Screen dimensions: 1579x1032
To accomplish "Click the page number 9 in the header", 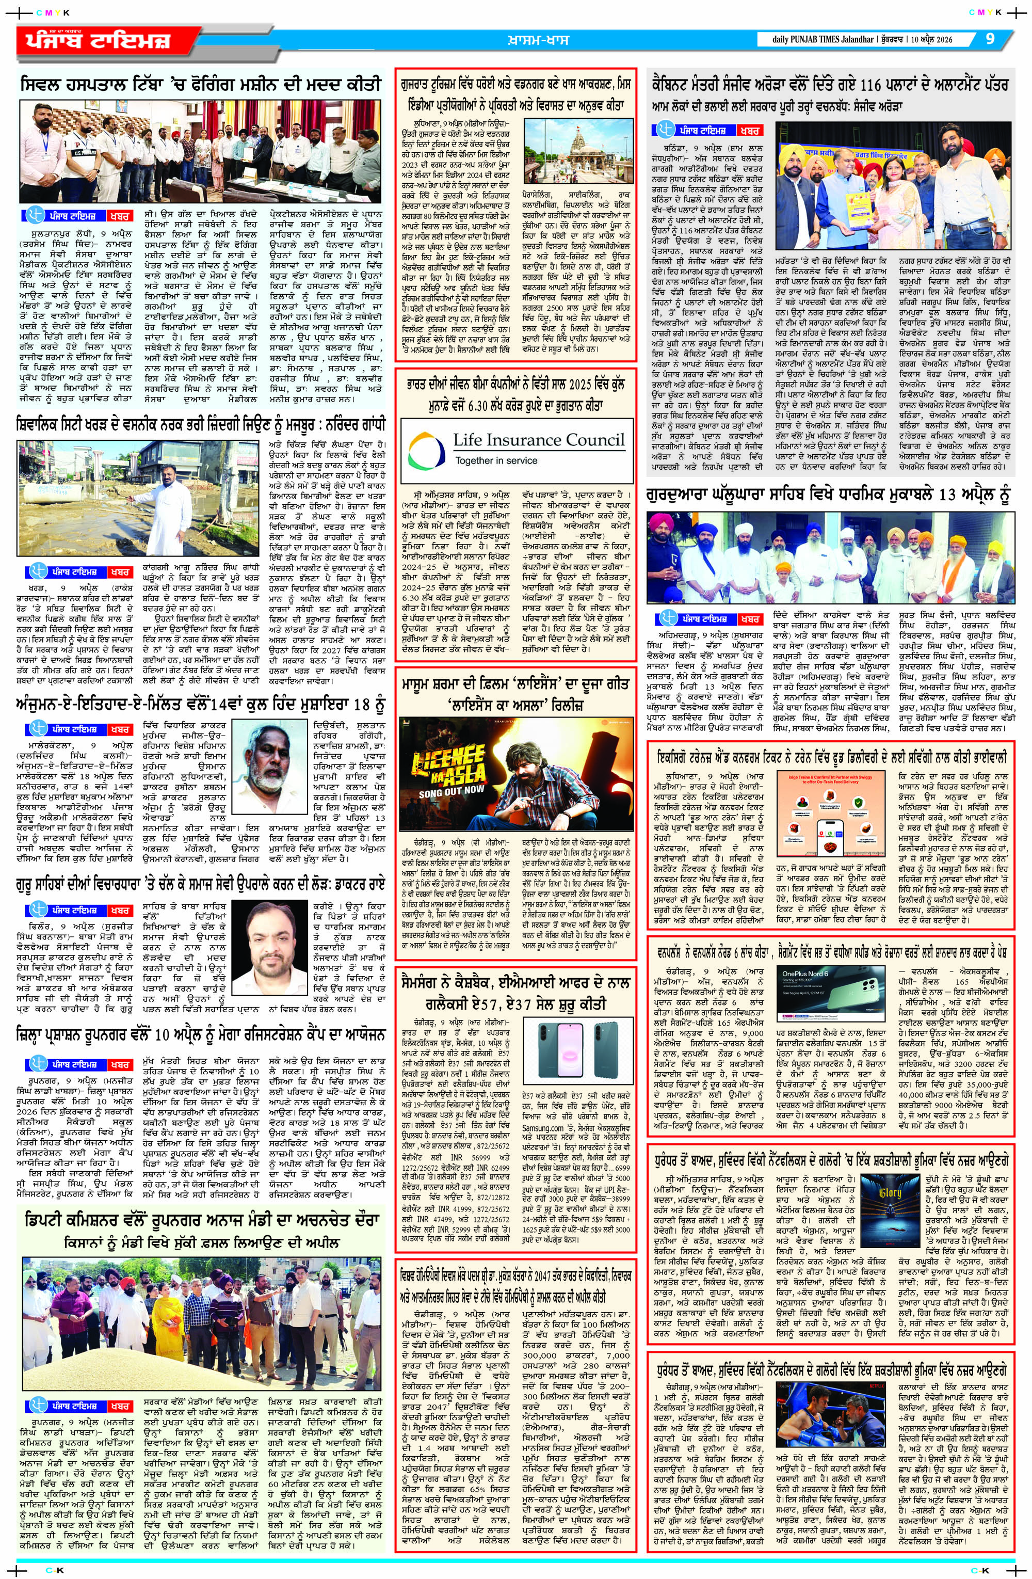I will point(990,39).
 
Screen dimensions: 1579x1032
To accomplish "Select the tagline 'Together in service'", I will point(495,460).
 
